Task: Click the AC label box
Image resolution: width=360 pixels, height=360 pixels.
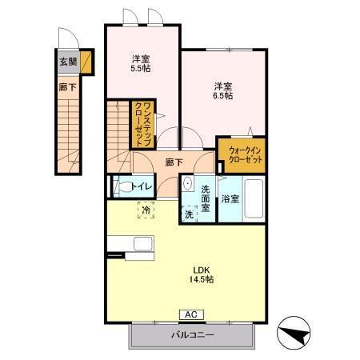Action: (x=191, y=314)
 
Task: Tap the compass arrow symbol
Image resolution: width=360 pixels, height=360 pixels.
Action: (x=294, y=333)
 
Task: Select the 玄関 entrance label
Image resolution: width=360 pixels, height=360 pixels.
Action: (x=68, y=62)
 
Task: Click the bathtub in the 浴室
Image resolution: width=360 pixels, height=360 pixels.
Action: (x=254, y=198)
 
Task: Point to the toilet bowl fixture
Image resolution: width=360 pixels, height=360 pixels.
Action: (x=123, y=186)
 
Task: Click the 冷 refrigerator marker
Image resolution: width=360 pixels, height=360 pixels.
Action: (x=146, y=210)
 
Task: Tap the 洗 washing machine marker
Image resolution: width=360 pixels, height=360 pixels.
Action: (x=189, y=214)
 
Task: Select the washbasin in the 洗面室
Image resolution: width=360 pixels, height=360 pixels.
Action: (x=188, y=183)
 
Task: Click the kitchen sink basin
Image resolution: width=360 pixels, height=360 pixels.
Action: (x=143, y=244)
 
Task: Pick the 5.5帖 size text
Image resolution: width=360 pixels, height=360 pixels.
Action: (x=141, y=69)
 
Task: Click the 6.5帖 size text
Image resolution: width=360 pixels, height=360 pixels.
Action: (x=222, y=95)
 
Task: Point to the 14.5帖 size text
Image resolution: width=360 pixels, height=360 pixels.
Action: (x=202, y=279)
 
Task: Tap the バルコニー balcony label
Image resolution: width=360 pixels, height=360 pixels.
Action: (x=193, y=334)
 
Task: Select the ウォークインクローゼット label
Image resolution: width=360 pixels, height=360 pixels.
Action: (x=246, y=155)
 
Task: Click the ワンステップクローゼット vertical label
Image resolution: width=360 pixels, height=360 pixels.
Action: (x=144, y=124)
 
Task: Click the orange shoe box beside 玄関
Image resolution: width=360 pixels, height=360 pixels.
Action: (x=86, y=62)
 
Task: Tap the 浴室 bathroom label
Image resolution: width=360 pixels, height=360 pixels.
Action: (x=230, y=199)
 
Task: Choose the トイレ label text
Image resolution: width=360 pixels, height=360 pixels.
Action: (x=142, y=186)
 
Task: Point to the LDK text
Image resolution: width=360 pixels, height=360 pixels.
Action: (x=202, y=270)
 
